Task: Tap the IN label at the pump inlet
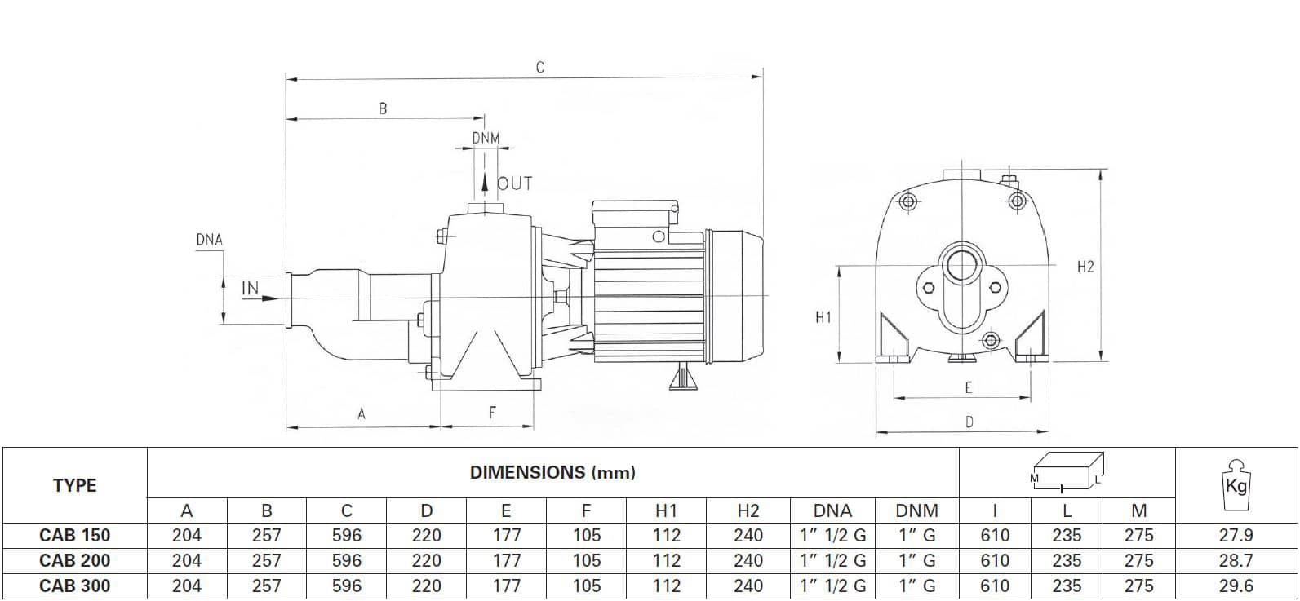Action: pos(250,289)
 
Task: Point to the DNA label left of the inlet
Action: pos(209,240)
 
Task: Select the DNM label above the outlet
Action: pos(486,139)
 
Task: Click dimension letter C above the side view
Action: pos(539,68)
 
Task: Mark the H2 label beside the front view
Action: pos(1085,267)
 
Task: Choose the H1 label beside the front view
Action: pos(823,317)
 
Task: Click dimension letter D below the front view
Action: pos(969,422)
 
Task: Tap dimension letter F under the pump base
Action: pos(492,413)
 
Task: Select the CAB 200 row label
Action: pos(74,561)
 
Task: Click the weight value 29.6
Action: pos(1236,586)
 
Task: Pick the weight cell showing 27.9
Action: pos(1236,536)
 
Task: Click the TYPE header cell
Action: pos(74,486)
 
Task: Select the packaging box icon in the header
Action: pos(1067,473)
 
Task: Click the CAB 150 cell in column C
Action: pos(347,536)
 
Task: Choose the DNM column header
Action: pos(916,511)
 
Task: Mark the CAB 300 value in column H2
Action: pos(748,586)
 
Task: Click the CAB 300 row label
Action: pos(74,586)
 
